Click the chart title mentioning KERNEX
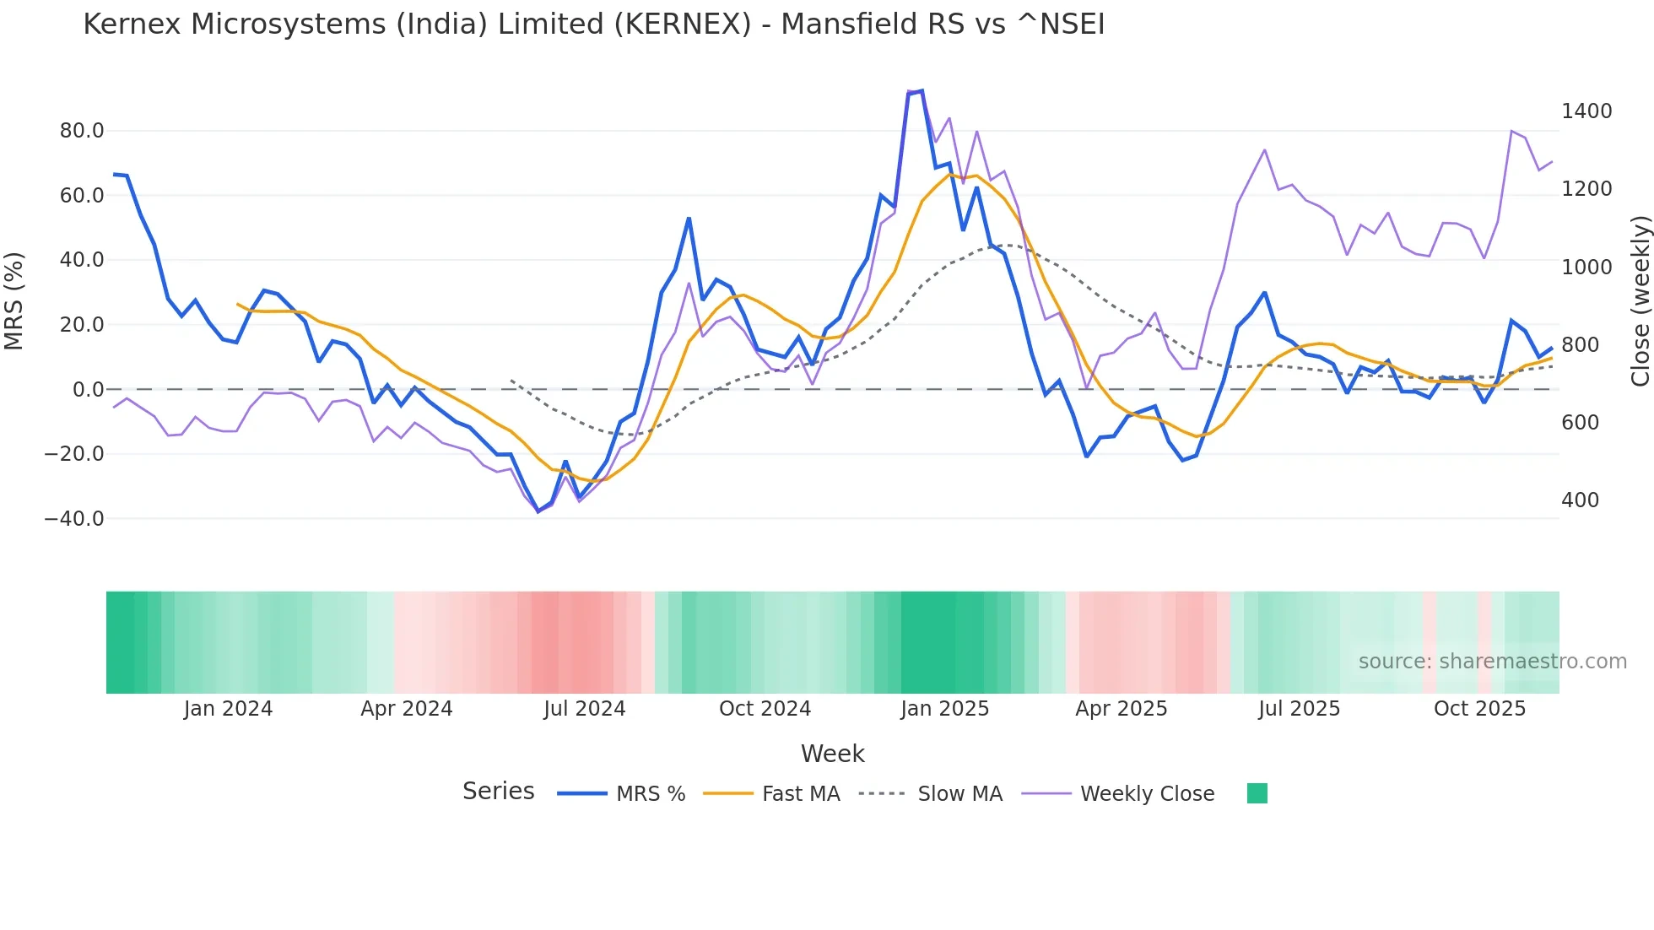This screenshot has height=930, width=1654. click(593, 24)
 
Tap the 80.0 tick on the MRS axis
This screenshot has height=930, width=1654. click(82, 131)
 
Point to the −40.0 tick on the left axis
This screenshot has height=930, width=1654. click(74, 519)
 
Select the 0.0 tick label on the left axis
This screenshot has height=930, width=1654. click(88, 390)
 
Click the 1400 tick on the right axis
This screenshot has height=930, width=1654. click(1586, 111)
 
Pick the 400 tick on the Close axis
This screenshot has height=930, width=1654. click(1580, 500)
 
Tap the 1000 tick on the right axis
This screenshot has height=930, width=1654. click(1586, 268)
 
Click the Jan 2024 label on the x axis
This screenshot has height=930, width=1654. click(228, 709)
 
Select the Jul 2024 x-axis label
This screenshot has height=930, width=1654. click(584, 709)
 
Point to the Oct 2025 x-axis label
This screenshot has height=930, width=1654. click(1479, 709)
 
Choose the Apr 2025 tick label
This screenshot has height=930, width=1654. click(1121, 709)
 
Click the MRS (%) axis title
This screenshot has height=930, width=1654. click(14, 301)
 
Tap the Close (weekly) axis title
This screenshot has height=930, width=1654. click(1640, 301)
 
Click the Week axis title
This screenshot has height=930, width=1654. click(832, 754)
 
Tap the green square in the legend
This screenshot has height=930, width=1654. click(1257, 793)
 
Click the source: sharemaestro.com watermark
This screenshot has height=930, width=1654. click(1492, 662)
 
